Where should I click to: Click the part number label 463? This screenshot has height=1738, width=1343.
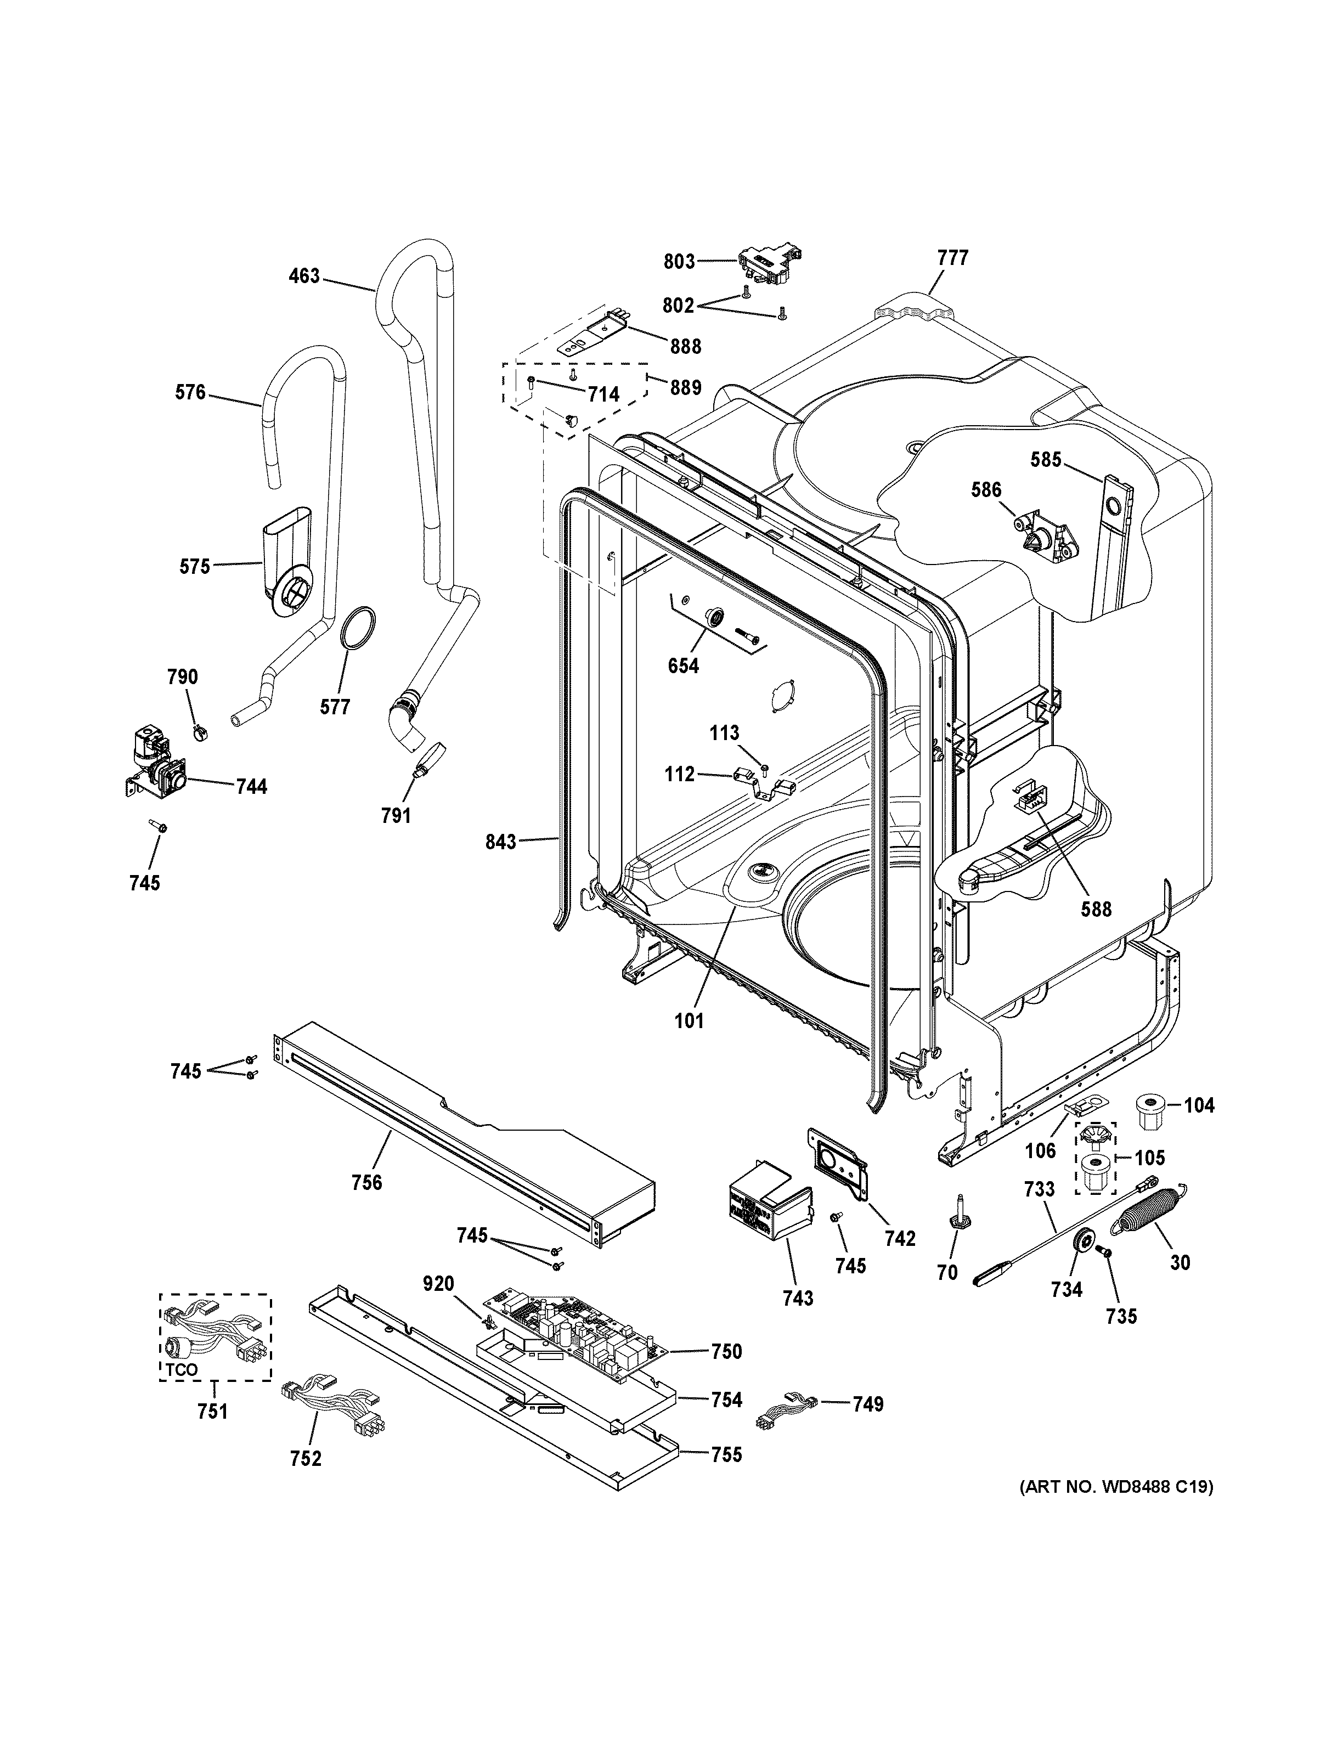click(x=304, y=276)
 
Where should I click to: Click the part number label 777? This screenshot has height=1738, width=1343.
click(x=952, y=258)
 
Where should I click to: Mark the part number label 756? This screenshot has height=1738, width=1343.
click(x=367, y=1183)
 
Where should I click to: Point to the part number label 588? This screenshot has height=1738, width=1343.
click(x=1096, y=909)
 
